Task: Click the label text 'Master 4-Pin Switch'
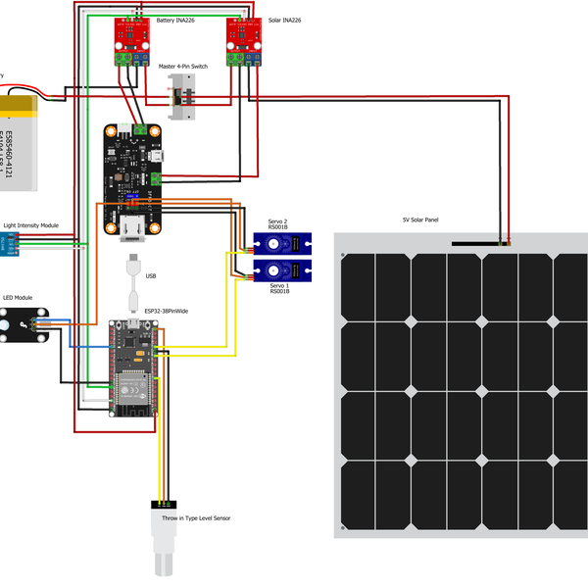183,66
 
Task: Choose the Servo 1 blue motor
283,269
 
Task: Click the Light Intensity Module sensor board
15,245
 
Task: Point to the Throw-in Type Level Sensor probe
164,539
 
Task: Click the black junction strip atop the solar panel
478,242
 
